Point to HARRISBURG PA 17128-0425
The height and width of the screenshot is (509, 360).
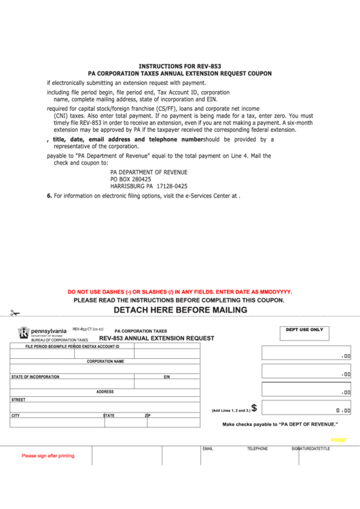point(149,186)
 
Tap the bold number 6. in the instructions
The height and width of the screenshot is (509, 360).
point(49,196)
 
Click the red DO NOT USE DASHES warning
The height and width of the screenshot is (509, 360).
point(179,292)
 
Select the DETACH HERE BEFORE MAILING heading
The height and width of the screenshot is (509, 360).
point(180,310)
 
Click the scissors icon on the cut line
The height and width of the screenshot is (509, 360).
point(15,313)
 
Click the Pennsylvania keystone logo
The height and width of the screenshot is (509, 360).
point(23,332)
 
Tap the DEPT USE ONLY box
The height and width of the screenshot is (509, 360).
point(304,333)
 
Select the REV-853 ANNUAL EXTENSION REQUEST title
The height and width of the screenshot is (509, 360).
point(156,338)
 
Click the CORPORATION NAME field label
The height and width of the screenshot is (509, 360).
point(105,362)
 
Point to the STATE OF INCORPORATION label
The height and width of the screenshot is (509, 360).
point(35,376)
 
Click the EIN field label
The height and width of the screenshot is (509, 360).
point(166,376)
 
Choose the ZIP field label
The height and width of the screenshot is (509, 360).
point(147,415)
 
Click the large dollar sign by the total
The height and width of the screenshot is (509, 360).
point(254,408)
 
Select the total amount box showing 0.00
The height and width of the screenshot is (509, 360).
point(306,408)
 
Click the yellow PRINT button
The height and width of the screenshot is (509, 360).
point(338,440)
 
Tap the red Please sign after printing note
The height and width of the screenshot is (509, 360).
point(48,456)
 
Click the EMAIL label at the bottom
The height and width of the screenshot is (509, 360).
point(208,449)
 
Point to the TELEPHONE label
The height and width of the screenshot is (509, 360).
point(257,449)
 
